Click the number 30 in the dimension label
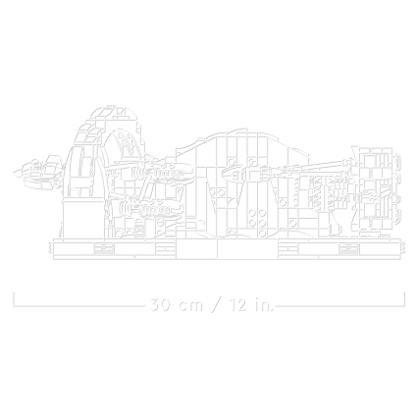160,305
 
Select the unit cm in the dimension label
191,306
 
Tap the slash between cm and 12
216,305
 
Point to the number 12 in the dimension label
237,305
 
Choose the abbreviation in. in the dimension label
264,305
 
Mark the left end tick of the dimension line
14,299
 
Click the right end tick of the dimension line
404,299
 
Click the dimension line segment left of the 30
79,306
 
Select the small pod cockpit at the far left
36,173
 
